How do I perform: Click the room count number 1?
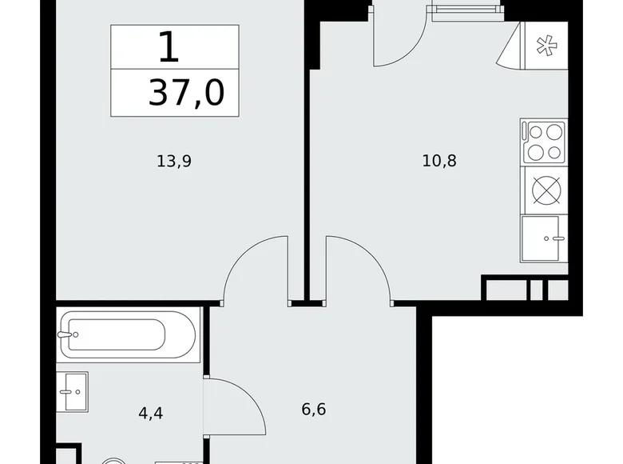(x=169, y=47)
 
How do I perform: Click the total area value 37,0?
(x=186, y=94)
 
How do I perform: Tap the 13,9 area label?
(x=174, y=161)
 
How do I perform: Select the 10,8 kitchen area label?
(x=439, y=161)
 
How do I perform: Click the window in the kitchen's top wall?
(x=467, y=10)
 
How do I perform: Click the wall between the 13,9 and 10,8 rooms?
(x=306, y=160)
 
